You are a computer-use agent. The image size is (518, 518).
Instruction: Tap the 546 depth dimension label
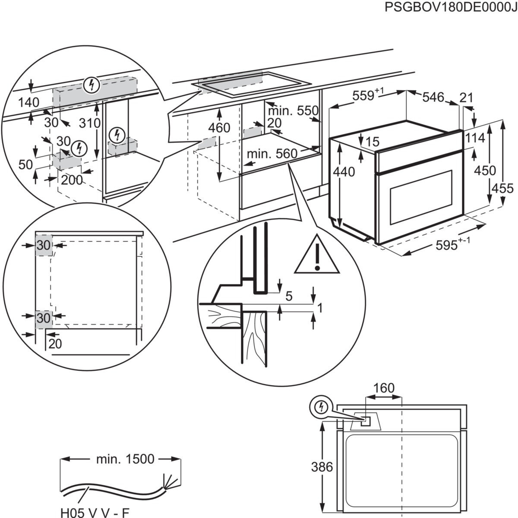tap(433, 97)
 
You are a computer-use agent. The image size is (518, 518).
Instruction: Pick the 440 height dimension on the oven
tap(344, 172)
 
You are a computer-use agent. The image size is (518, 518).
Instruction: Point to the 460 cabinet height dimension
tap(219, 128)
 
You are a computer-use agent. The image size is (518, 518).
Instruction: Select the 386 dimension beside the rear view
tap(322, 467)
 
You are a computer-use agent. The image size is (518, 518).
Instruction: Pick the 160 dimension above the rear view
tap(384, 388)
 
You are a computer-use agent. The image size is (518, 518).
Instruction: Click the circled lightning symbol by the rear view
tap(321, 407)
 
